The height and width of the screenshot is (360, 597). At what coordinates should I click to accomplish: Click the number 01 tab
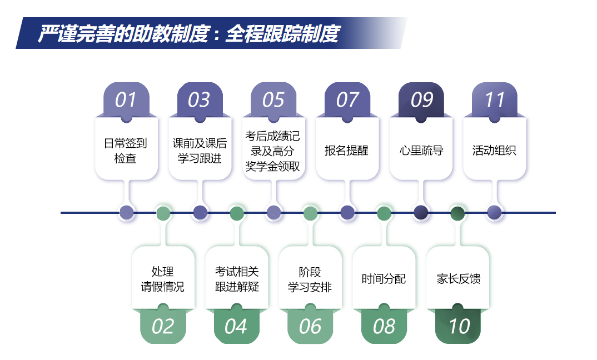tap(126, 100)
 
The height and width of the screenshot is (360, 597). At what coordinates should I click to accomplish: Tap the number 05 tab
tap(273, 100)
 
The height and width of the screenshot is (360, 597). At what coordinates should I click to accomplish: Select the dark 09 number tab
tap(421, 100)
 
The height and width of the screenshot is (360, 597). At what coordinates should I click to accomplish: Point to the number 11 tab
tap(494, 100)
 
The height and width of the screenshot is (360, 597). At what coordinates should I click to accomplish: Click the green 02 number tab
tap(163, 326)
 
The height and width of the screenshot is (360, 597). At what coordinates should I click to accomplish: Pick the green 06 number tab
tap(310, 326)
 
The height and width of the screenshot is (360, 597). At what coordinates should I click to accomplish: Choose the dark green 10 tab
tap(457, 326)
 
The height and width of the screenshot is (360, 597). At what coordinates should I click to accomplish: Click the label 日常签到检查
tap(125, 151)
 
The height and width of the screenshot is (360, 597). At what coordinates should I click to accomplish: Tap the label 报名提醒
tap(346, 151)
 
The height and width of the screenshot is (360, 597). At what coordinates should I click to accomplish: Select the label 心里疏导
tap(421, 151)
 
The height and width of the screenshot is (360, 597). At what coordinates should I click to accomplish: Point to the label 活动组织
tap(494, 151)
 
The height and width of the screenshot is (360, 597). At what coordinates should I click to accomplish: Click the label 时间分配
tap(384, 279)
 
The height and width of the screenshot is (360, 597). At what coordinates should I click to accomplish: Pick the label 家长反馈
tap(459, 279)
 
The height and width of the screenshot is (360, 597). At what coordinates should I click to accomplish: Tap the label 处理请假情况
tap(162, 279)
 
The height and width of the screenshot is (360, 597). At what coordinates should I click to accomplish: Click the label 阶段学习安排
tap(310, 279)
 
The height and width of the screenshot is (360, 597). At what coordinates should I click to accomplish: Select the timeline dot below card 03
tap(200, 213)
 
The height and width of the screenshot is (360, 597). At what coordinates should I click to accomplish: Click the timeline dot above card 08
tap(384, 213)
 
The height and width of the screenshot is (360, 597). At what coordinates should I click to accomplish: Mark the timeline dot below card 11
tap(494, 213)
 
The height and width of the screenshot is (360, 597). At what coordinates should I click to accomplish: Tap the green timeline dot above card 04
tap(237, 213)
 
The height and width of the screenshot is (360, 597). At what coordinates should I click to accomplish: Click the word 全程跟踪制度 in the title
tap(282, 34)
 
